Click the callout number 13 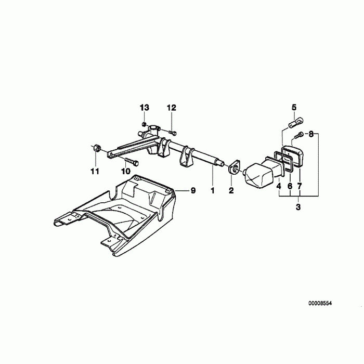[144, 108]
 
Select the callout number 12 [172, 108]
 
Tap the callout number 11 [94, 171]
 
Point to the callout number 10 [126, 171]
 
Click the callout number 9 [192, 191]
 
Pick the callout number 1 [212, 191]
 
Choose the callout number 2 [231, 191]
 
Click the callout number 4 [279, 186]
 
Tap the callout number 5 [294, 108]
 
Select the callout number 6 [289, 186]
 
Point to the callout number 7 [299, 186]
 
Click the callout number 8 [311, 134]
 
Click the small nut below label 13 [143, 124]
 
